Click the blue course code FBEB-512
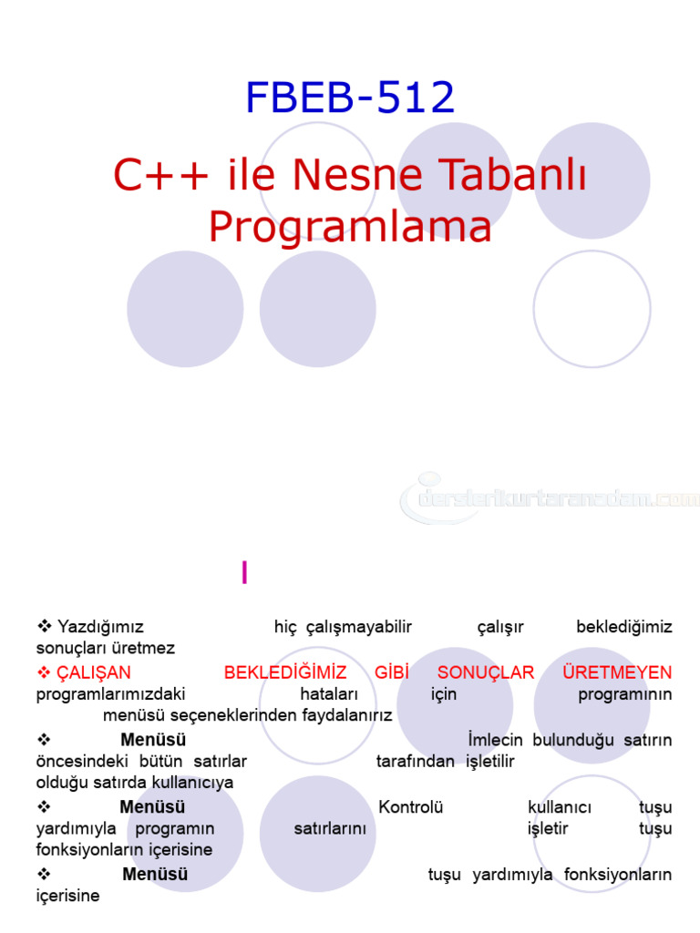point(350,97)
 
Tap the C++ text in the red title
point(160,175)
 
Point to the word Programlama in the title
point(350,227)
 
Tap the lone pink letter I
point(244,572)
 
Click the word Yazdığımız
point(100,627)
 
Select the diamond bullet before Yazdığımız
point(43,627)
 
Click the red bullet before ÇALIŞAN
point(43,672)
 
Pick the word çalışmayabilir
point(359,627)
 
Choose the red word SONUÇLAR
point(486,672)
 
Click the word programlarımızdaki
point(110,694)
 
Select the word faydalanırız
point(344,715)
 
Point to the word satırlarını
point(330,828)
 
